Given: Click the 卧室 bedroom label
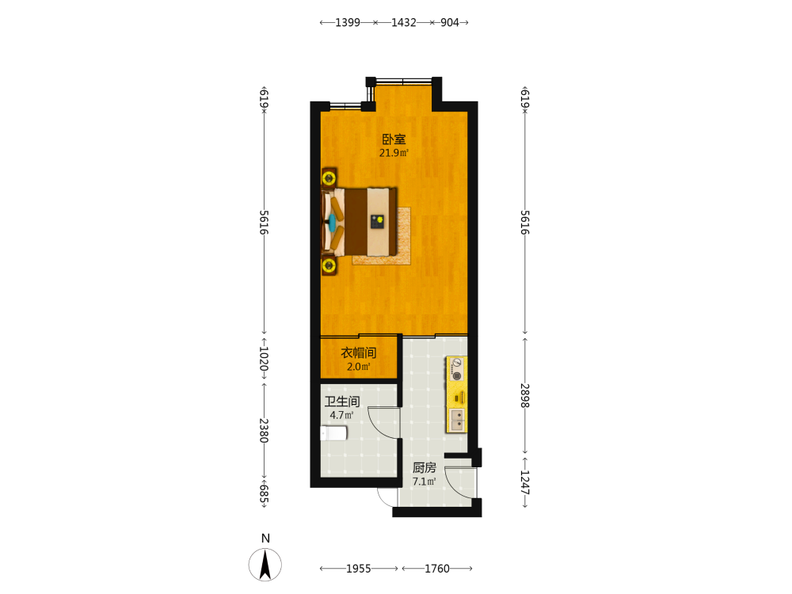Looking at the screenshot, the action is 394,139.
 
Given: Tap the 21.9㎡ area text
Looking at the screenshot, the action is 394,153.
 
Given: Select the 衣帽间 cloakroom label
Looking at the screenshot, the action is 359,352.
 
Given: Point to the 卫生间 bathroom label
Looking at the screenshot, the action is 342,402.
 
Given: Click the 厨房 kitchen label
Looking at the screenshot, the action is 425,468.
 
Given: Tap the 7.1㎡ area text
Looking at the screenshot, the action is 424,482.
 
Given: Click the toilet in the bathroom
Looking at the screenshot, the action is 333,433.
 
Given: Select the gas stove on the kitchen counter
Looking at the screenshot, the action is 457,369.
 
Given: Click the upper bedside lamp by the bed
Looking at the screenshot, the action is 329,177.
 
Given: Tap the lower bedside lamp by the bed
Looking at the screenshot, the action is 329,265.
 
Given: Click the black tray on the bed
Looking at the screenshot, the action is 377,222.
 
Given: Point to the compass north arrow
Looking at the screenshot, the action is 265,565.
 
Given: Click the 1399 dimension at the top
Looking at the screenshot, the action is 348,22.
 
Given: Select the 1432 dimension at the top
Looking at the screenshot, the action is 404,22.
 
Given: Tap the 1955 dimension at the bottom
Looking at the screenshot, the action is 359,569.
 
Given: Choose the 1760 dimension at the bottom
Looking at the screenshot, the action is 437,569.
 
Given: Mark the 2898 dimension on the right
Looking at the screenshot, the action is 525,396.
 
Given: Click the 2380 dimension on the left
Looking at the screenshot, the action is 264,430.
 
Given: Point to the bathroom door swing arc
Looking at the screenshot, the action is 376,425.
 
